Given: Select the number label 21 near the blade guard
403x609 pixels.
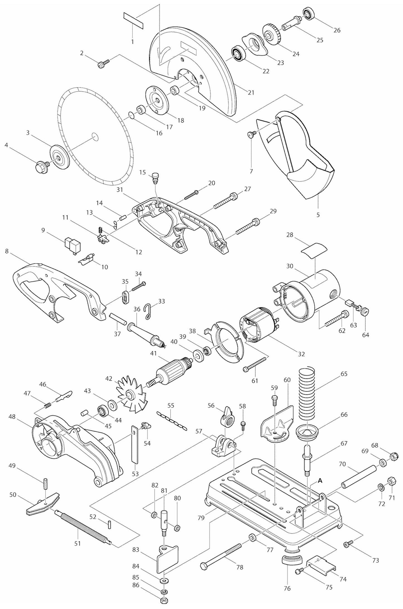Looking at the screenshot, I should point(251,92).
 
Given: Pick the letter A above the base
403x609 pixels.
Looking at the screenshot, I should point(320,480).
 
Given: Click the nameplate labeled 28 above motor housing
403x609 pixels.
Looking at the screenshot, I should point(314,247).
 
